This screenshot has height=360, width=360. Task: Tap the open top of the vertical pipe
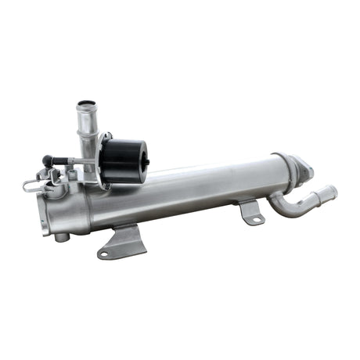[85, 104]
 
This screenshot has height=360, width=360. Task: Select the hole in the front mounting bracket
[104, 252]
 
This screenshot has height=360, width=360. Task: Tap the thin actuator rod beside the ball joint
[67, 163]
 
